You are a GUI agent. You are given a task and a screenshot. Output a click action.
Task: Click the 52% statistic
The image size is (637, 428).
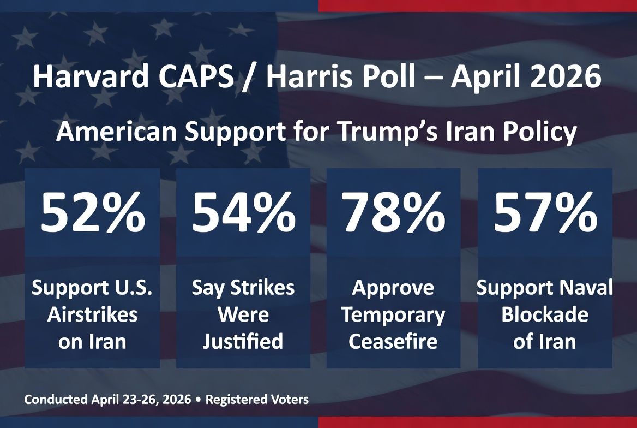click(x=92, y=215)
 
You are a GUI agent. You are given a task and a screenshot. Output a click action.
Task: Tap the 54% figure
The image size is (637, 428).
click(x=243, y=215)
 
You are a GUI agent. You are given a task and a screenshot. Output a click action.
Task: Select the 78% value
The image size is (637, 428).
click(x=394, y=215)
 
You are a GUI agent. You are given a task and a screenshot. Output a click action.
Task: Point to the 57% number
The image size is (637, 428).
click(x=545, y=215)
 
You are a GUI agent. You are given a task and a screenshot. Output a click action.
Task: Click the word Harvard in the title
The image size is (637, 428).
click(x=90, y=78)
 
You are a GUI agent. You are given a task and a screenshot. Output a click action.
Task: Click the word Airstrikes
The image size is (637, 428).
click(x=92, y=315)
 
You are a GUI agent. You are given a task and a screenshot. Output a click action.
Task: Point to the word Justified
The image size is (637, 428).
click(x=243, y=342)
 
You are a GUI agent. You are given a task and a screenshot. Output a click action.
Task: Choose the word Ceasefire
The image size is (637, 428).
click(x=393, y=342)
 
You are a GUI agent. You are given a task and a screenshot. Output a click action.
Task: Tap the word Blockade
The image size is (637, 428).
click(x=545, y=315)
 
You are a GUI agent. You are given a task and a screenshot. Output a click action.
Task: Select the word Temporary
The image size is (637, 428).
click(x=393, y=315)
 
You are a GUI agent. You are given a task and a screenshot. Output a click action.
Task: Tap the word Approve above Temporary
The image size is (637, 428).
click(x=393, y=288)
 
